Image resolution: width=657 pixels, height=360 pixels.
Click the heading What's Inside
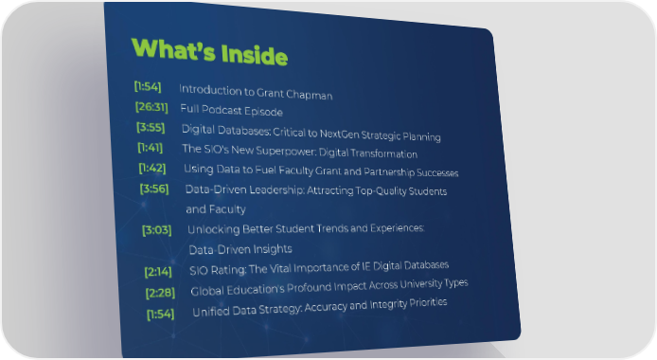click(209, 51)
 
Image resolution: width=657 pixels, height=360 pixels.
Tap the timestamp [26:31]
click(151, 107)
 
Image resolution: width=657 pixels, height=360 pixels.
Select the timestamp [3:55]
click(151, 127)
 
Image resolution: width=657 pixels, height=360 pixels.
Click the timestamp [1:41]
click(150, 148)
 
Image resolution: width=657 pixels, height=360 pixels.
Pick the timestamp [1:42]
click(152, 168)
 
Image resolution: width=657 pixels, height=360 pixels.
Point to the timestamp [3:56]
click(154, 189)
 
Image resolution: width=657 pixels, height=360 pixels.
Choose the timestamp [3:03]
click(157, 230)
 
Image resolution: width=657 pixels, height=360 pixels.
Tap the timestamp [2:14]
click(158, 272)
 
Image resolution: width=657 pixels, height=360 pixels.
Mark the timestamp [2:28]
click(161, 293)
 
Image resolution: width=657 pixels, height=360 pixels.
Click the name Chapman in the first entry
click(310, 95)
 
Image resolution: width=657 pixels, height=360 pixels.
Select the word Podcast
click(222, 109)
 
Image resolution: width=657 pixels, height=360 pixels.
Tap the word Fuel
click(266, 170)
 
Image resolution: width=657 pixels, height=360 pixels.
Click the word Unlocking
click(213, 229)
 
